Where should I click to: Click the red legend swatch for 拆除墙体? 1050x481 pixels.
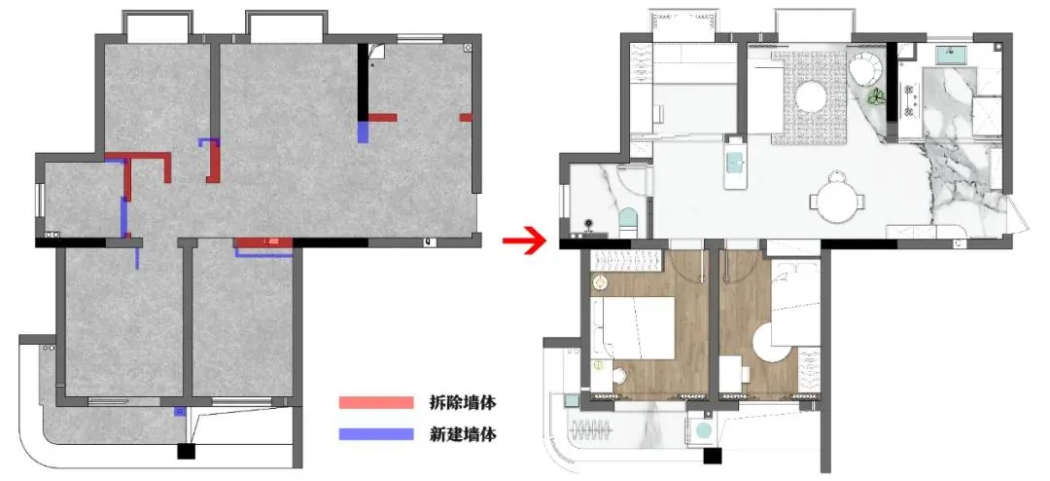click(375, 402)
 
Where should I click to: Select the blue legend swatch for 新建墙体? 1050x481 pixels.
click(375, 434)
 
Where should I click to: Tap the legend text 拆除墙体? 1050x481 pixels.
click(463, 402)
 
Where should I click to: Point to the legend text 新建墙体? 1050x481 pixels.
click(463, 434)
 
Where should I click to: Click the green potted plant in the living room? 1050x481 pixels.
click(876, 98)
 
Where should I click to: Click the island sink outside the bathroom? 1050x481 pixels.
click(735, 166)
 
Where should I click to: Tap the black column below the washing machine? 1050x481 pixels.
click(714, 455)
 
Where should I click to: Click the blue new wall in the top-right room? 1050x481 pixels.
click(363, 130)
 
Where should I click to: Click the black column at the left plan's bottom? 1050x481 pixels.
click(185, 451)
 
